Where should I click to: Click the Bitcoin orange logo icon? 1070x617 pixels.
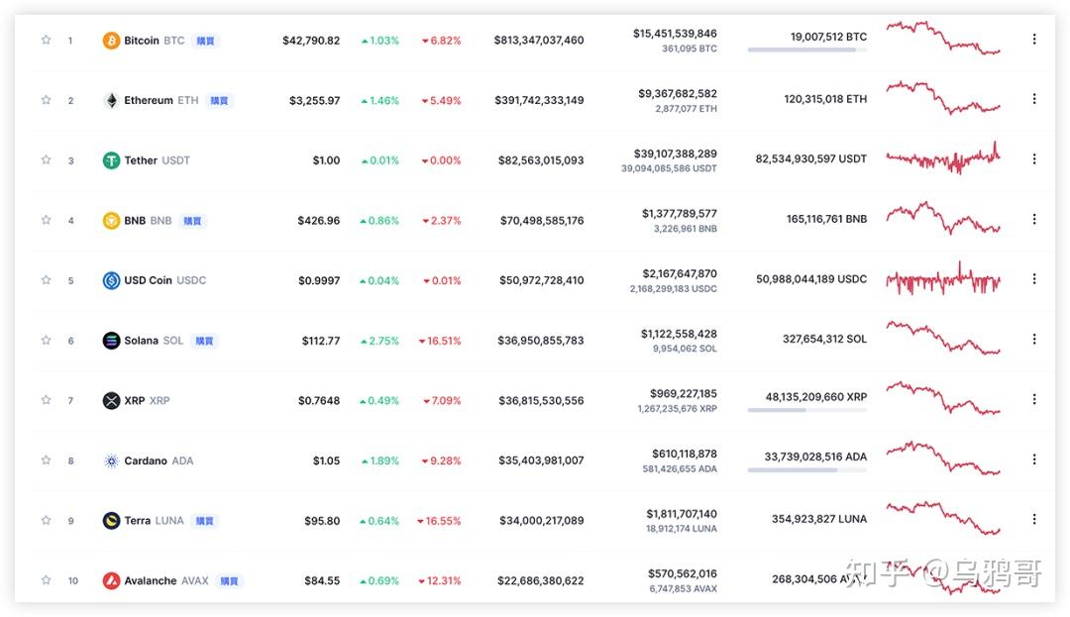(111, 41)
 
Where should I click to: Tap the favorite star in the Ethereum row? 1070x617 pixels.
(46, 100)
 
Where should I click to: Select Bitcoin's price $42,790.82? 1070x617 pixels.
(311, 41)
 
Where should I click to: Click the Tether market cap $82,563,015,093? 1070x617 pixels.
(541, 160)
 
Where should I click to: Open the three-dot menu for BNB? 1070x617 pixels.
(1033, 220)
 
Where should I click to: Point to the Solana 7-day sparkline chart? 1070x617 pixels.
(943, 338)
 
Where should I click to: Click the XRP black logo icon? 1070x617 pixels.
(111, 401)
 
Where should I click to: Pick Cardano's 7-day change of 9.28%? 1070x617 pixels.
(442, 461)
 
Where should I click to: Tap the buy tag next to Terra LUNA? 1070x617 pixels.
(204, 521)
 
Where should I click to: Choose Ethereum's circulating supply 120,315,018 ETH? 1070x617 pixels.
(825, 99)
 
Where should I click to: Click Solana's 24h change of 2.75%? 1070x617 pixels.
(380, 341)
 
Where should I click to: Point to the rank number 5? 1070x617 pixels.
(71, 281)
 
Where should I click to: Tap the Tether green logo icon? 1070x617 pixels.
(111, 160)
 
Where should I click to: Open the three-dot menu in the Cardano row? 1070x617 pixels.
(1033, 460)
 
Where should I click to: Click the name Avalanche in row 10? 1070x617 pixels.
(151, 581)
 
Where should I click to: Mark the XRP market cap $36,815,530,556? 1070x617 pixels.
(541, 401)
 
